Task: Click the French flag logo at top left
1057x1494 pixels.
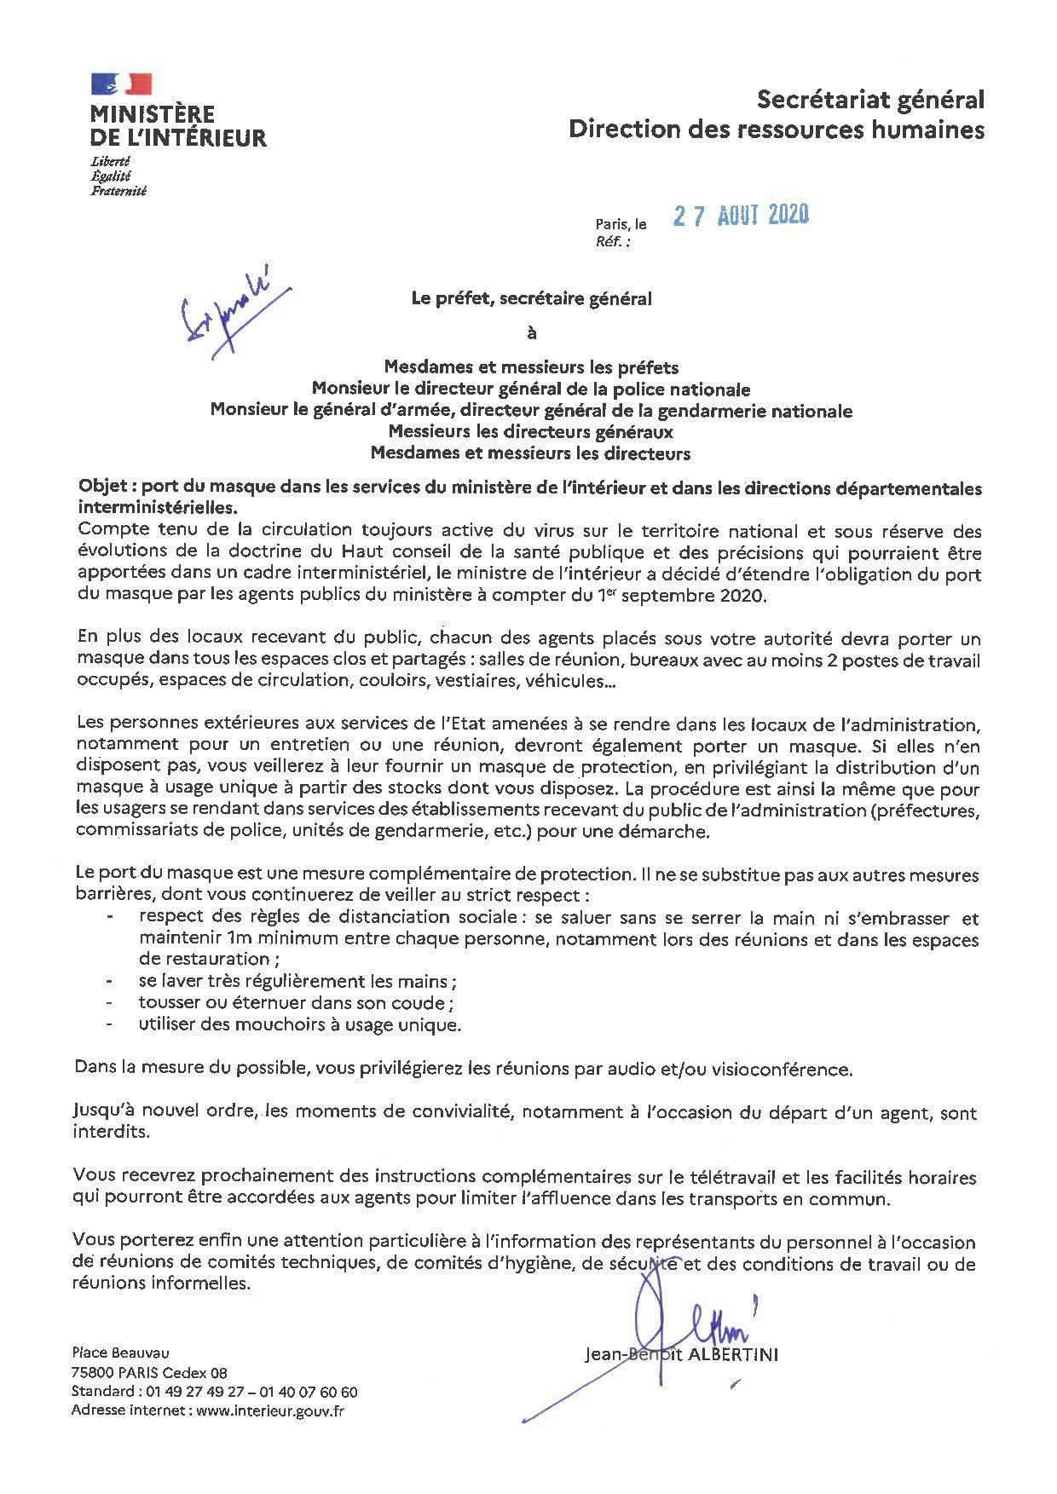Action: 121,84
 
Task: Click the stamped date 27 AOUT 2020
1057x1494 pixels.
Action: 740,216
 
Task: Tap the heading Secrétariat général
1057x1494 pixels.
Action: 870,101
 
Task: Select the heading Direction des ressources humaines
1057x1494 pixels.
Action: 776,130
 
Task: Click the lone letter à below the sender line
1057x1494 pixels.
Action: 532,333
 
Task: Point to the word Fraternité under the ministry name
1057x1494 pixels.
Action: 118,192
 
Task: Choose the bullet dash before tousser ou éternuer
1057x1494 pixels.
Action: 109,1003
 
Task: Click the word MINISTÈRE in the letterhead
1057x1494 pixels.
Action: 153,114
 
